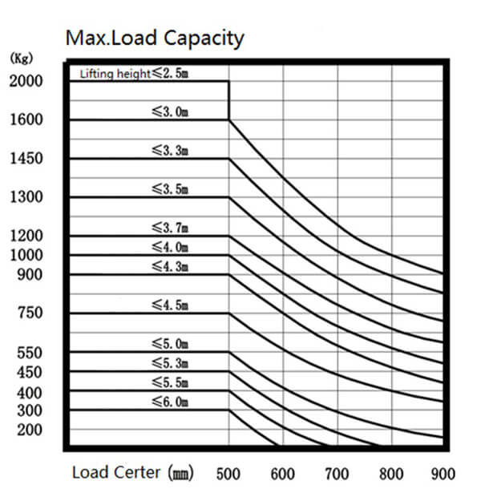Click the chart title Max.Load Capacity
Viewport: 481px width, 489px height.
click(x=154, y=38)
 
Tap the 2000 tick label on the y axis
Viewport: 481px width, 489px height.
click(x=26, y=81)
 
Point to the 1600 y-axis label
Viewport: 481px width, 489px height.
click(x=26, y=120)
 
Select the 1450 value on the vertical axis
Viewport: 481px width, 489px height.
click(x=26, y=159)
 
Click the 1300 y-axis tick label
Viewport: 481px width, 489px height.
click(x=26, y=197)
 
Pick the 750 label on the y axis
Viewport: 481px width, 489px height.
click(x=30, y=313)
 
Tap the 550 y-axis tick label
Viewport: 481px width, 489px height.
click(x=30, y=353)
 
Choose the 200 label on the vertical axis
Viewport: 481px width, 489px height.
click(x=30, y=430)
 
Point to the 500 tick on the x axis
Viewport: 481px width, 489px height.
click(x=228, y=473)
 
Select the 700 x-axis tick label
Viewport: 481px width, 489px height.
click(x=337, y=473)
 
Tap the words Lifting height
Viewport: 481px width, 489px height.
click(x=115, y=74)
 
